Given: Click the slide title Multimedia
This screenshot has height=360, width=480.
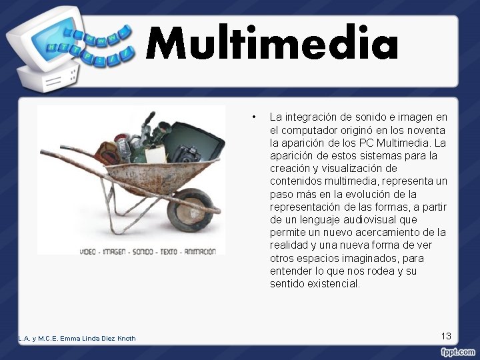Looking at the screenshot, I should click(272, 44).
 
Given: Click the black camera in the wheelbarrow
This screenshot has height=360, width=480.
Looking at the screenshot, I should click(188, 153).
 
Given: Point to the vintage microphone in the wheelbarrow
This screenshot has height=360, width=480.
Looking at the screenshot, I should click(121, 145).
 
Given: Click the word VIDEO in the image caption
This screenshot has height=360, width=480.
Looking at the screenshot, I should click(91, 251).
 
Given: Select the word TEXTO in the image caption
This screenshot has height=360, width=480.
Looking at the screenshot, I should click(169, 251).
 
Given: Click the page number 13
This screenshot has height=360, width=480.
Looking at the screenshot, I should click(446, 336).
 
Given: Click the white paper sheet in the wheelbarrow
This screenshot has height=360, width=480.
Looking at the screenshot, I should click(155, 153).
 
